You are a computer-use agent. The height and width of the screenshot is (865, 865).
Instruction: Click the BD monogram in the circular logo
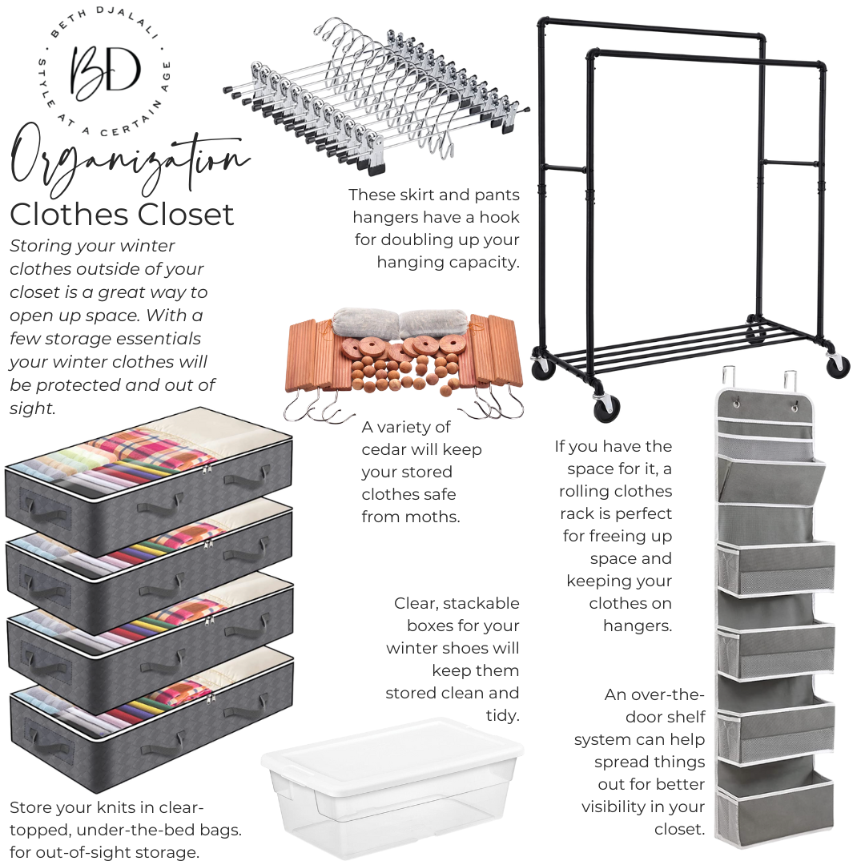point(106,70)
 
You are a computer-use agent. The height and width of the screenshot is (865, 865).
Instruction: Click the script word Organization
point(130,161)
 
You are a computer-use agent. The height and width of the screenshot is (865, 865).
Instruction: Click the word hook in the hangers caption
point(499,217)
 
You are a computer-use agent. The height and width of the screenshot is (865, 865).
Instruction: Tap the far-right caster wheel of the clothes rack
point(838,364)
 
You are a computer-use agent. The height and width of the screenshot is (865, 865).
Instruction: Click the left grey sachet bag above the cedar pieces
point(364,322)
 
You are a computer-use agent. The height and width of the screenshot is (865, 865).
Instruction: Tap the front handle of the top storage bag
point(162,503)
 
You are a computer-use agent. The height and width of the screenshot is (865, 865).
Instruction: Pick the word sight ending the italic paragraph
point(33,408)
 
